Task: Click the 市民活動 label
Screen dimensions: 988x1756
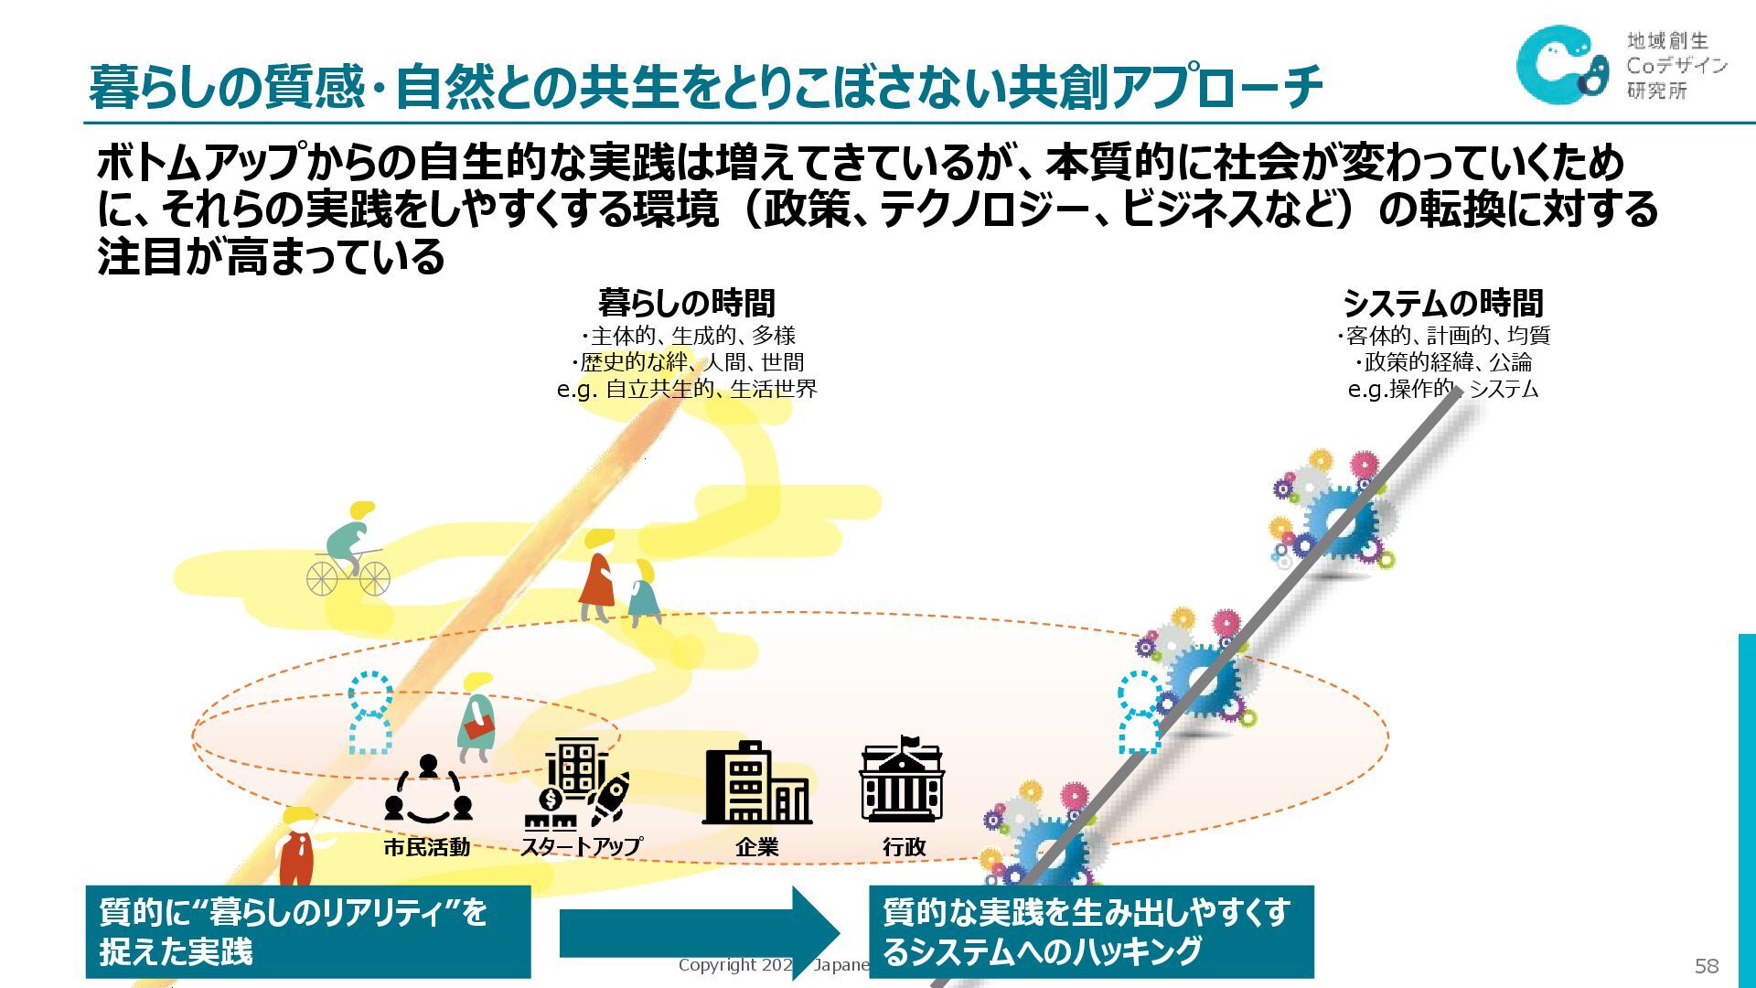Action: click(x=426, y=847)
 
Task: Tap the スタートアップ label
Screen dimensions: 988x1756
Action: click(x=581, y=847)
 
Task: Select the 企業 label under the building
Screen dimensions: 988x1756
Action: click(x=756, y=847)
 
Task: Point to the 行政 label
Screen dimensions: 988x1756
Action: click(x=904, y=847)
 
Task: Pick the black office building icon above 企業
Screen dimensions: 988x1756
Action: click(x=755, y=783)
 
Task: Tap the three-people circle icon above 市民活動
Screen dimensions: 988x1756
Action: click(x=427, y=788)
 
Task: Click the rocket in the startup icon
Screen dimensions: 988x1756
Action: click(x=610, y=796)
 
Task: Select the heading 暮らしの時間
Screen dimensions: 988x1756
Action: click(x=686, y=303)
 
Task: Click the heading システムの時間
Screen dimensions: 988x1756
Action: click(x=1442, y=303)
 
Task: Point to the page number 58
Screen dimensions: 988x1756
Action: click(x=1707, y=966)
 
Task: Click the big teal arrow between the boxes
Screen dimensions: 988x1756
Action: click(x=699, y=933)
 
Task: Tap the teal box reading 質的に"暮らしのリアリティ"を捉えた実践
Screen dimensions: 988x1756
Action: click(x=307, y=931)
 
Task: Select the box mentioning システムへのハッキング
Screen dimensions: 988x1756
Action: click(x=1090, y=931)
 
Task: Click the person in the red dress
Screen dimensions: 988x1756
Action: click(x=597, y=578)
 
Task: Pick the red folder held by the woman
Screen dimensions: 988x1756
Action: click(x=478, y=727)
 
